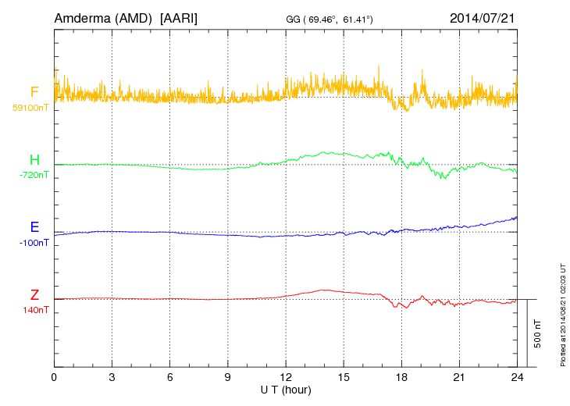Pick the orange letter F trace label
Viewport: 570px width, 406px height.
coord(34,92)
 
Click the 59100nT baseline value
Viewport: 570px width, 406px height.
coord(31,107)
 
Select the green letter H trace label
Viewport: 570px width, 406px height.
coord(34,160)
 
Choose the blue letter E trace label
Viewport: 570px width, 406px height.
coord(34,227)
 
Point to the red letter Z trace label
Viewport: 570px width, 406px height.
coord(34,295)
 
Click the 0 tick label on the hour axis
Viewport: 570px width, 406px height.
coord(54,377)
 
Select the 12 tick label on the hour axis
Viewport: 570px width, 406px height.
coord(285,377)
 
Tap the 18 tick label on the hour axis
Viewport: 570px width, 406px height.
coord(401,377)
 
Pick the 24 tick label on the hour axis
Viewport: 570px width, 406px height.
coord(516,377)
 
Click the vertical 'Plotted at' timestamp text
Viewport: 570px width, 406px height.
coord(562,312)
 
